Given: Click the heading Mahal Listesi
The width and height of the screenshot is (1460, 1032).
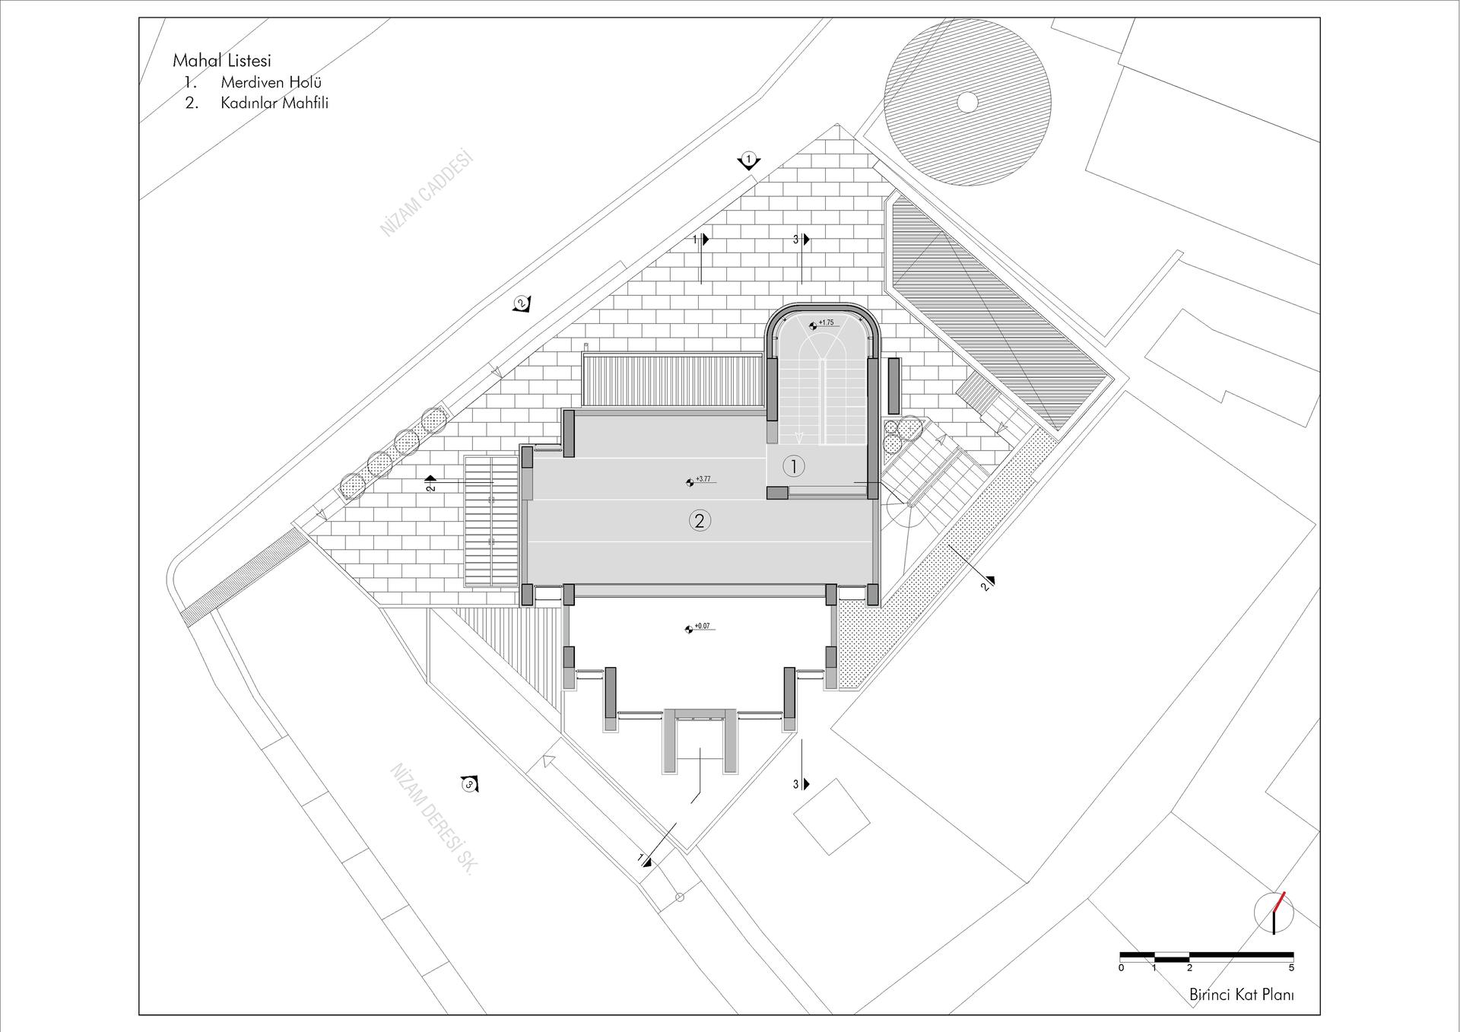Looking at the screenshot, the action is point(222,61).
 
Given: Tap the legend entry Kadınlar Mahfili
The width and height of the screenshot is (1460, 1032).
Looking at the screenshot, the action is point(275,103).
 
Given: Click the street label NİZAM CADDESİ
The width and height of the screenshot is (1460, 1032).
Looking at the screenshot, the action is point(427,194).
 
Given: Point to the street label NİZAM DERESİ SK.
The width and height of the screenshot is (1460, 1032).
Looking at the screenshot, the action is point(431,819).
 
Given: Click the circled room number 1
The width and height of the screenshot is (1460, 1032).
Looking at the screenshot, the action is point(794,466).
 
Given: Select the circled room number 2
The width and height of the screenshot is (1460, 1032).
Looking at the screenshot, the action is point(700,520).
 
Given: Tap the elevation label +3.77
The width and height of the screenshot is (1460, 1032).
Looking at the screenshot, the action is point(703,479).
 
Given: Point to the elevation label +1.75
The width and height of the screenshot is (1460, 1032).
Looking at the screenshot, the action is point(826,322).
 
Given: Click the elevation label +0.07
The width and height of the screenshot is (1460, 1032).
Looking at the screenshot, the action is point(702,626).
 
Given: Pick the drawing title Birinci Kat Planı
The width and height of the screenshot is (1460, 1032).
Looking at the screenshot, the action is point(1242,995).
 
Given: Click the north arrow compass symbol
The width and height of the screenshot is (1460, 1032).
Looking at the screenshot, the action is point(1273,913).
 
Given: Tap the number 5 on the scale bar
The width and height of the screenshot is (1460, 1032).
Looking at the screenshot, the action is point(1291,968).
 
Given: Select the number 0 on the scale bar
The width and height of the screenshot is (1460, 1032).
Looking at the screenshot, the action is point(1121,968).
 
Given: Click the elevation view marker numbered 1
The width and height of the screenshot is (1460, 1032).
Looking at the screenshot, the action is point(749,160).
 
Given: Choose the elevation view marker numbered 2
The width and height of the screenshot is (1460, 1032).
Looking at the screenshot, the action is point(521,303).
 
